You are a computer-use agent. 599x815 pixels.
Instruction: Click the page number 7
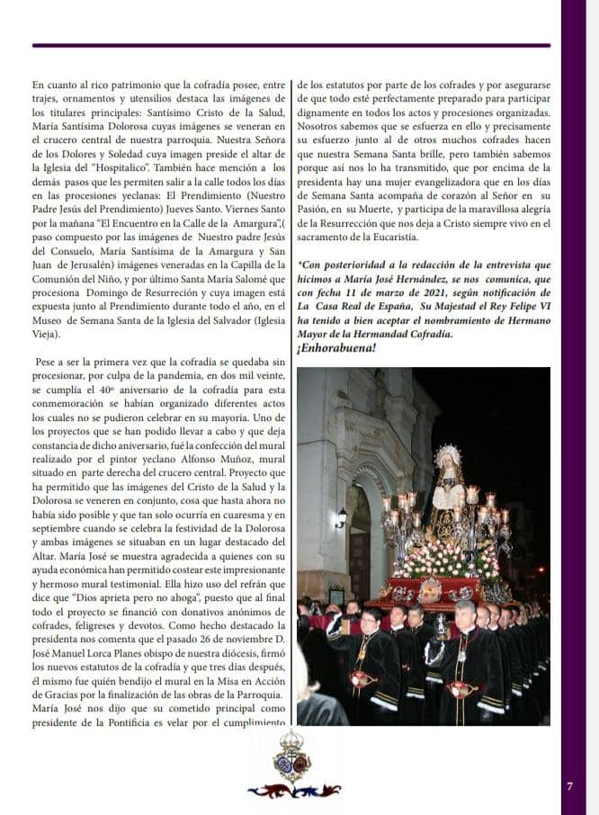569,785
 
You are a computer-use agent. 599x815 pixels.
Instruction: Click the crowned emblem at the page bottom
294,755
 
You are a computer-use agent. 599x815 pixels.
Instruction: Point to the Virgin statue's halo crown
447,458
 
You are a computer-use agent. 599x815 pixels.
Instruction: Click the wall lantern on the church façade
341,519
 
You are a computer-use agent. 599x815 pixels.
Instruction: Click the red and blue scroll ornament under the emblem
294,791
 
